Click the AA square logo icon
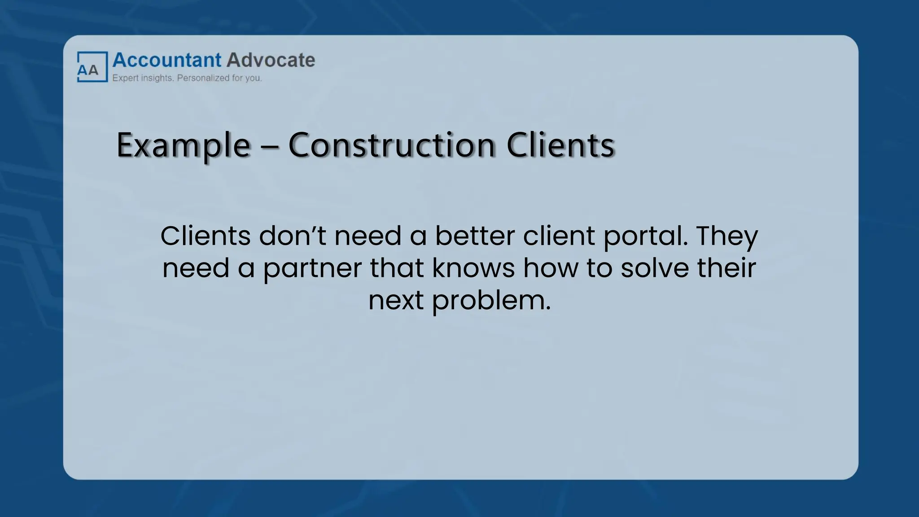point(92,67)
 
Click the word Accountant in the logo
point(167,60)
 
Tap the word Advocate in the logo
point(271,60)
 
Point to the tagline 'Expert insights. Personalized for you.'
point(187,78)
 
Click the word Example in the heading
point(183,145)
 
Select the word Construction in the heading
point(392,145)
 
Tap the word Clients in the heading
point(560,145)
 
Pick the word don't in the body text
point(293,236)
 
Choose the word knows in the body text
point(473,268)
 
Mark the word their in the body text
point(726,268)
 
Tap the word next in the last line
point(396,300)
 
